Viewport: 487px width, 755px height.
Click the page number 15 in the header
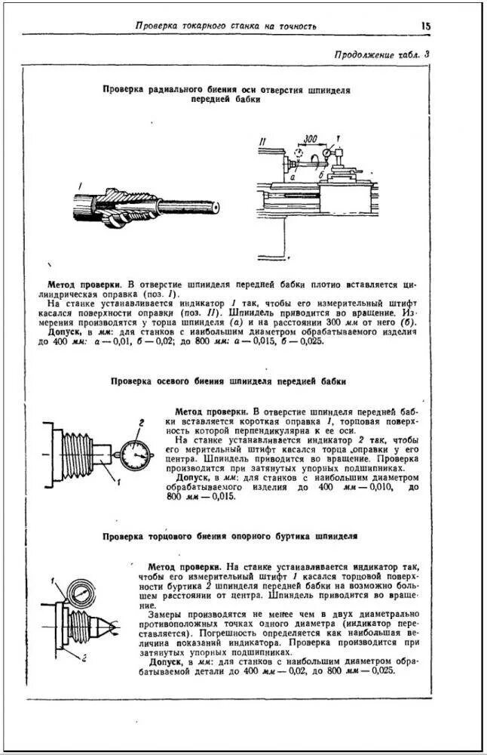point(426,26)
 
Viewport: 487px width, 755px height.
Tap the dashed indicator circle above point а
point(299,153)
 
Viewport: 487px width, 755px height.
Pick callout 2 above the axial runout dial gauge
point(140,423)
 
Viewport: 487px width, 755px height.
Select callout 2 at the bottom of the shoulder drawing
point(84,658)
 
